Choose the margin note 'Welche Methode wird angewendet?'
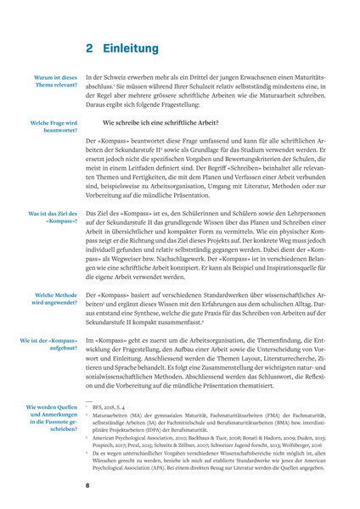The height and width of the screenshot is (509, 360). click(54, 299)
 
